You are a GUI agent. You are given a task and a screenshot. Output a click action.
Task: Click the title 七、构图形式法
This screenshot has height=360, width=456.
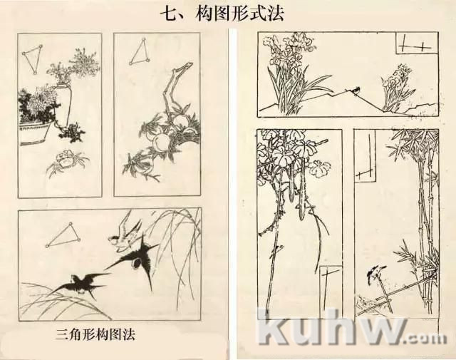click(222, 14)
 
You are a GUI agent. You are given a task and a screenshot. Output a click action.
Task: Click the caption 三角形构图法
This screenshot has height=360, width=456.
click(95, 334)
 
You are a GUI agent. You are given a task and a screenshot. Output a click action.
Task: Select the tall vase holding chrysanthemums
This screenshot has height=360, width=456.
click(63, 104)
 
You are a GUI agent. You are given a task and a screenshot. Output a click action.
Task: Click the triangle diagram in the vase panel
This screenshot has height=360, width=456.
click(33, 59)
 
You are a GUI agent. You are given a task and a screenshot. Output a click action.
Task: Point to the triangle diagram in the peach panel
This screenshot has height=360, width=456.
click(140, 51)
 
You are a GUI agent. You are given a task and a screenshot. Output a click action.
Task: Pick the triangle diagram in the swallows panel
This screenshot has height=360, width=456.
click(63, 236)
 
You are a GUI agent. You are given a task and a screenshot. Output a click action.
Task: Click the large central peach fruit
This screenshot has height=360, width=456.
click(159, 142)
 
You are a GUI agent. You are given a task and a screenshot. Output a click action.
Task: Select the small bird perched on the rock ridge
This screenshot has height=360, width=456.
click(356, 90)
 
